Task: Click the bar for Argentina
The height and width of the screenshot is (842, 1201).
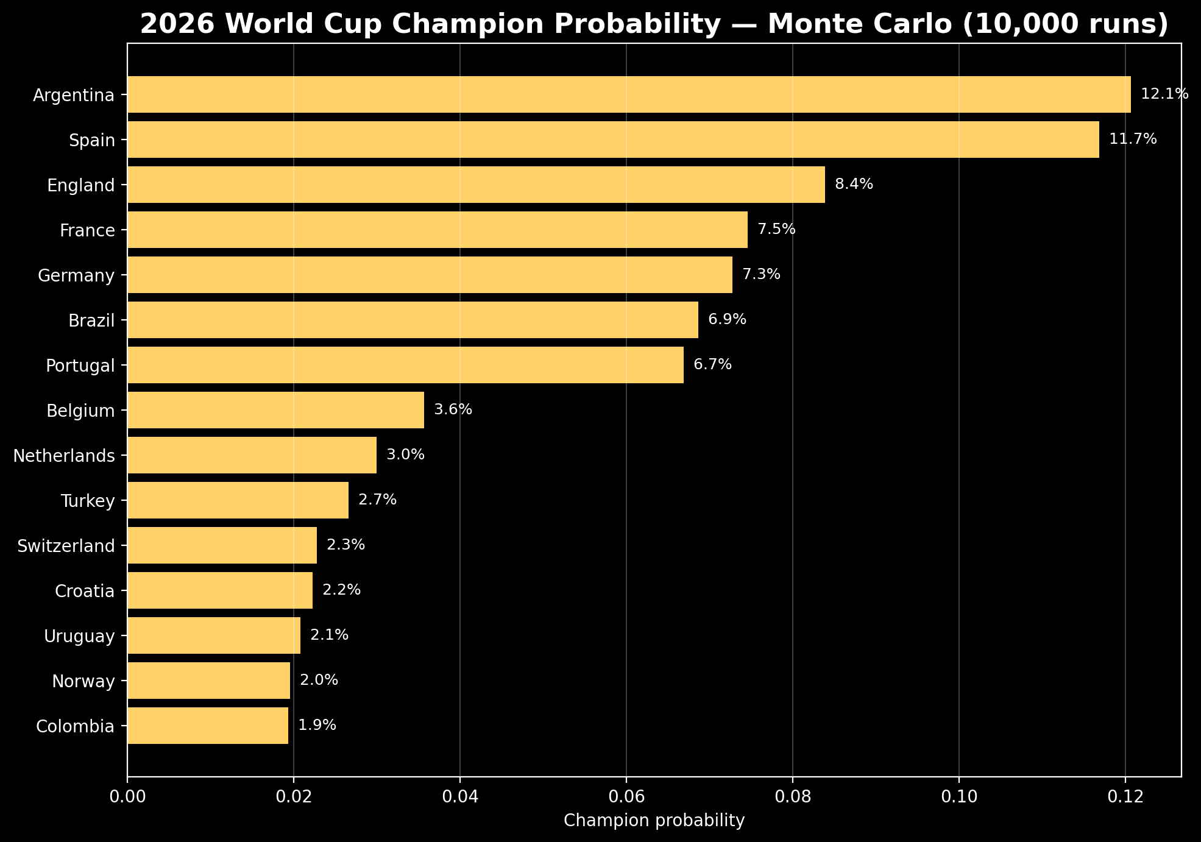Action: click(x=629, y=94)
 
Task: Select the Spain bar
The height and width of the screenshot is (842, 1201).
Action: click(x=613, y=140)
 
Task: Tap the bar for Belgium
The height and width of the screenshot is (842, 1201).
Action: click(x=275, y=410)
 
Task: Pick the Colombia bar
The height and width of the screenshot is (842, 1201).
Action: click(x=208, y=726)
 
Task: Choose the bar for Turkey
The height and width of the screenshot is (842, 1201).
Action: click(x=238, y=500)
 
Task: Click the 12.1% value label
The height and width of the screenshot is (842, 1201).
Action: click(x=1164, y=94)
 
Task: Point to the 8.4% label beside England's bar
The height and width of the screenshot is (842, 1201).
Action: click(x=854, y=184)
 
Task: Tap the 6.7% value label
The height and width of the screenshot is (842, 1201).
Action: click(x=712, y=364)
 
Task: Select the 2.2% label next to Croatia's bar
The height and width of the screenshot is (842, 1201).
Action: click(x=341, y=590)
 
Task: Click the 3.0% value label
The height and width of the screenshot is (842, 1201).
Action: click(x=405, y=455)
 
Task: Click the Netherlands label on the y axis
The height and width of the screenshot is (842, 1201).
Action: click(x=64, y=456)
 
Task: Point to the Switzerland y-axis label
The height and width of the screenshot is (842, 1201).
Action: click(x=66, y=546)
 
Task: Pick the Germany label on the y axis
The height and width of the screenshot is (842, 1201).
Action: click(x=76, y=276)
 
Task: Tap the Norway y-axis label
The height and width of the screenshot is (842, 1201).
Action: click(x=83, y=681)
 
